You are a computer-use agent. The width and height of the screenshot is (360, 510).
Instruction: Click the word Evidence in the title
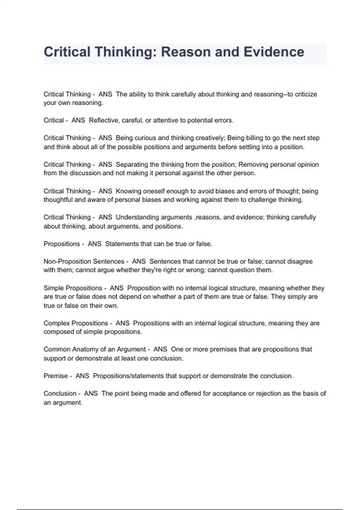[274, 52]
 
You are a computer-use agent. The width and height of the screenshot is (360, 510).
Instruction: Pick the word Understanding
[137, 217]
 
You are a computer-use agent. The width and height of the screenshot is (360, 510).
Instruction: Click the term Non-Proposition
[67, 261]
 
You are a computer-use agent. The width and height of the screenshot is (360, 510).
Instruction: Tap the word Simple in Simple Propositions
[53, 288]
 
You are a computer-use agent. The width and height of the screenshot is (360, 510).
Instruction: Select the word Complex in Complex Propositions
[56, 323]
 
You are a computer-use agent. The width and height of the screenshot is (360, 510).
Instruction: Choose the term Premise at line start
[55, 376]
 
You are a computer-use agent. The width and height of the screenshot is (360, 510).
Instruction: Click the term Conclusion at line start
[60, 393]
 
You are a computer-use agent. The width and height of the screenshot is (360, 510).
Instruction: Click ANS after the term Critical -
[78, 120]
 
